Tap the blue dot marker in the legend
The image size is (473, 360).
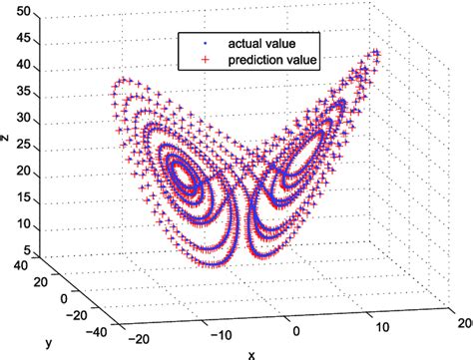(x=203, y=43)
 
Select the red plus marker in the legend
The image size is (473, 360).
(x=203, y=60)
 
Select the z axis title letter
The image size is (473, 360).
(x=6, y=140)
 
